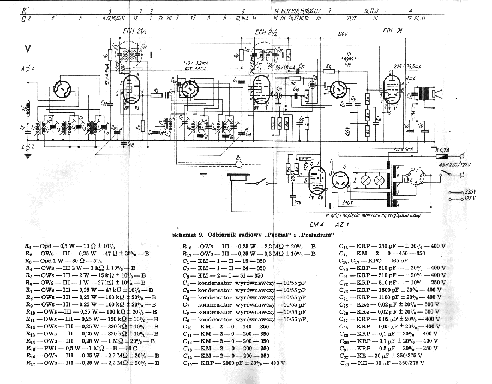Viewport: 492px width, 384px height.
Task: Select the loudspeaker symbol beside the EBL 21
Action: [436, 94]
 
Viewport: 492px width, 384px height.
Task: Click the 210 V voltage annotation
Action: [343, 34]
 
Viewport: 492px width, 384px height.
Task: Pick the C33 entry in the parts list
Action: [393, 363]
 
